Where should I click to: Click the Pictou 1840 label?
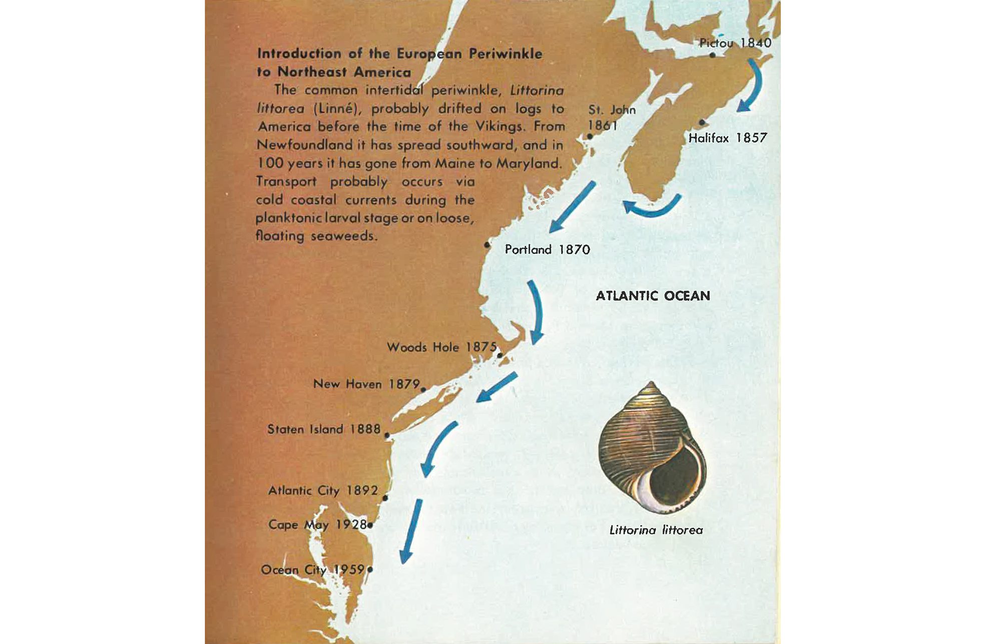[735, 43]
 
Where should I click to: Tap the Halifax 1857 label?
[727, 138]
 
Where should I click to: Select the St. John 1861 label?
[611, 117]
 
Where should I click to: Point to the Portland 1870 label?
[547, 249]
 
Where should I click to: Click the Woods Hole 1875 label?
[441, 347]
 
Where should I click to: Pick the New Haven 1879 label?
[366, 384]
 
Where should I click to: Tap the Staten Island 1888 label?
[324, 429]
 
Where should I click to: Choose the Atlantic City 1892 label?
[323, 490]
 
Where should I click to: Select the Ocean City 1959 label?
[313, 569]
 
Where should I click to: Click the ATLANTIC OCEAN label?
[653, 296]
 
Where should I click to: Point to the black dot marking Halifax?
[702, 123]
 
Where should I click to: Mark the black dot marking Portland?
[487, 245]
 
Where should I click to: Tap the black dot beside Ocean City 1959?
[370, 569]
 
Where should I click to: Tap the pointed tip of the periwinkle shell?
[651, 384]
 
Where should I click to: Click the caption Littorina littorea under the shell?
[656, 530]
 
